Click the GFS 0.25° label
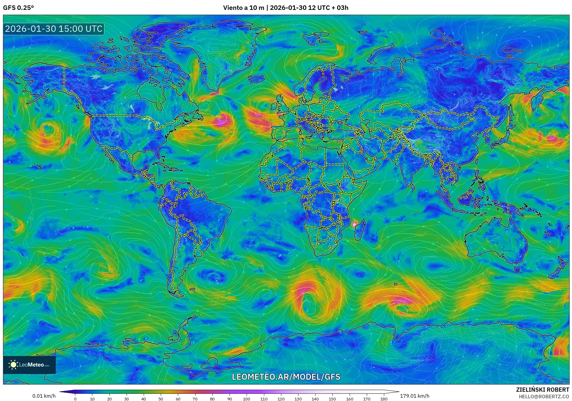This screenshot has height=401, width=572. (x=18, y=8)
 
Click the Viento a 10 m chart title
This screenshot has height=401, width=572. (x=286, y=8)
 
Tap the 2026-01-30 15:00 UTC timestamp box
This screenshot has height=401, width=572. (x=54, y=29)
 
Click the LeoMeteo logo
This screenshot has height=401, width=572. (x=29, y=365)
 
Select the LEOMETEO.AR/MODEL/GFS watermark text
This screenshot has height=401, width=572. (x=286, y=377)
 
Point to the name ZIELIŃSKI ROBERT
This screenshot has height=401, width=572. (x=542, y=390)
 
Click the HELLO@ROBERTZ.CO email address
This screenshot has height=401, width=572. (x=544, y=397)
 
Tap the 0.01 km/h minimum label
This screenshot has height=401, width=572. (x=44, y=396)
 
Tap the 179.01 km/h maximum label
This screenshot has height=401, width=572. (x=415, y=396)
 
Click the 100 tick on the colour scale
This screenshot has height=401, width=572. (x=247, y=399)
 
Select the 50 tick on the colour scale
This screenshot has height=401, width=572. (x=161, y=399)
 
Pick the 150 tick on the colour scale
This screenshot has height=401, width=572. (x=332, y=399)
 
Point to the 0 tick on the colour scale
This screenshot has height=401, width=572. (x=75, y=399)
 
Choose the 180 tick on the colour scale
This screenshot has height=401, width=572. (x=384, y=399)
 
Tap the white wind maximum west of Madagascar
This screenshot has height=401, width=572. (x=354, y=224)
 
